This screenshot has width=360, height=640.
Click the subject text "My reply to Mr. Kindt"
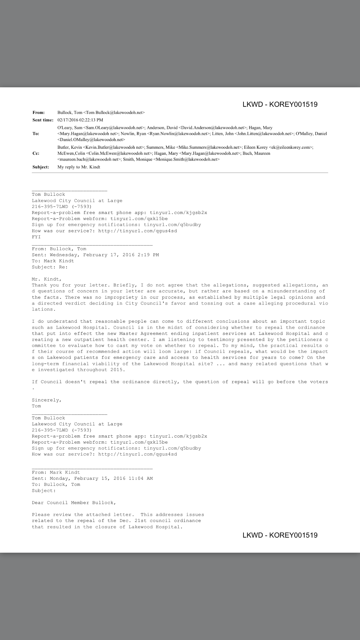click(79, 167)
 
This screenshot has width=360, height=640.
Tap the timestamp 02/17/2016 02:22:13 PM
click(80, 120)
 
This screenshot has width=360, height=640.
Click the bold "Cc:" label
click(36, 153)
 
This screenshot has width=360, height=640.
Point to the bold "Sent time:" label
click(43, 120)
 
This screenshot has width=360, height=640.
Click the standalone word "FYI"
click(36, 237)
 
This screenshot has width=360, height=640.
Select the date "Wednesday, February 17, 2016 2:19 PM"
click(104, 255)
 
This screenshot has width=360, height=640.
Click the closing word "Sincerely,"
click(47, 400)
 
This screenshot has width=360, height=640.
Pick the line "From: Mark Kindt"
click(56, 472)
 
